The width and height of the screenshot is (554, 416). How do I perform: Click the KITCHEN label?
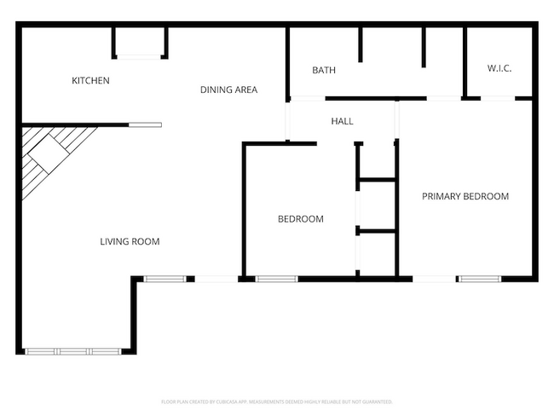click(x=90, y=81)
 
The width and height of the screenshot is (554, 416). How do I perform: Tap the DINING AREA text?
click(x=228, y=90)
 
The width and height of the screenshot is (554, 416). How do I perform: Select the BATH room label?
click(x=323, y=70)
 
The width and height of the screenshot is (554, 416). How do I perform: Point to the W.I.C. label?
click(x=499, y=68)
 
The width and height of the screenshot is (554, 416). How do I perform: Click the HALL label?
click(x=342, y=121)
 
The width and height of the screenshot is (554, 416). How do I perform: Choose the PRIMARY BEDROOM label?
click(x=465, y=196)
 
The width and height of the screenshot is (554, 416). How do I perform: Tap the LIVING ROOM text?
click(x=130, y=241)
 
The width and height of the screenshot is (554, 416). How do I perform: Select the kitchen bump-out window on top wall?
click(x=138, y=56)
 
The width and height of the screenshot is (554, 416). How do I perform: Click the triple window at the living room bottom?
click(x=72, y=351)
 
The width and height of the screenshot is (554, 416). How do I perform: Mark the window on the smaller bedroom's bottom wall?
click(x=276, y=278)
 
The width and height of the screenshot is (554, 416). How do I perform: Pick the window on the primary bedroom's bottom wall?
click(x=479, y=278)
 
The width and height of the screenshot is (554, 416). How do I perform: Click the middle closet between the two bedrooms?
click(x=376, y=205)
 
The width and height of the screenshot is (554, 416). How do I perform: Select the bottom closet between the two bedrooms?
click(x=376, y=254)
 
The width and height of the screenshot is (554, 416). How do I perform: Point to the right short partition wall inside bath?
click(x=423, y=47)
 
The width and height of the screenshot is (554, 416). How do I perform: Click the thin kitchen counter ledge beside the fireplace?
click(x=144, y=125)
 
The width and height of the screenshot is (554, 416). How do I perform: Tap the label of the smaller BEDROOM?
click(x=301, y=219)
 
